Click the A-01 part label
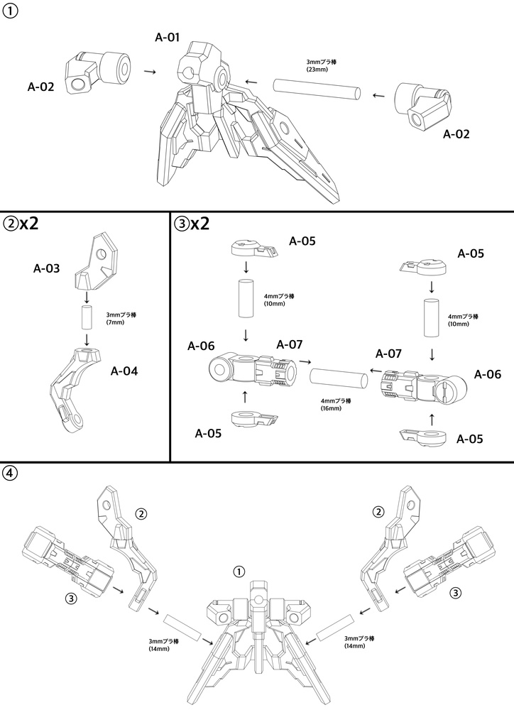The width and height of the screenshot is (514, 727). tap(167, 37)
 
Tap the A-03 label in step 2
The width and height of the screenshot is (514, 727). tap(46, 268)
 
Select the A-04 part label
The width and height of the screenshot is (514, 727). tap(124, 371)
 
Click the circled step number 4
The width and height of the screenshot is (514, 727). tap(10, 474)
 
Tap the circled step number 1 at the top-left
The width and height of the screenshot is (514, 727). tap(10, 11)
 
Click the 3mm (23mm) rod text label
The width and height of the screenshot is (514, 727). tap(321, 65)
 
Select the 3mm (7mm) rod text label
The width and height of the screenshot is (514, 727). tap(121, 319)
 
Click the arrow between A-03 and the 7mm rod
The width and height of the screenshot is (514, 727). tap(86, 297)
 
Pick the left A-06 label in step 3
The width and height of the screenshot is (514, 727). tap(201, 346)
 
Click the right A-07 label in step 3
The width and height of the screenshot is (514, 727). tap(388, 354)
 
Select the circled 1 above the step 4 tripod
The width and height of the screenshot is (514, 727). tap(239, 572)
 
